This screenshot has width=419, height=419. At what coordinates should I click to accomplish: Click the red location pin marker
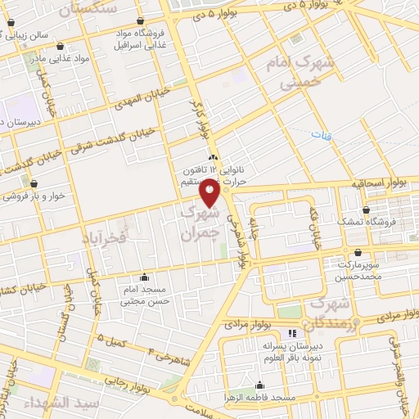coord(209,193)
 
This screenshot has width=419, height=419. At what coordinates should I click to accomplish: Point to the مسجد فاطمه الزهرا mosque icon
coord(260,385)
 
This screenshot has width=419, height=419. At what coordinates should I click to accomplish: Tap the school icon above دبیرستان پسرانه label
coord(292,333)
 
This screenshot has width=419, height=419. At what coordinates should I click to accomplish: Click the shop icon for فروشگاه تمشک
coord(365,210)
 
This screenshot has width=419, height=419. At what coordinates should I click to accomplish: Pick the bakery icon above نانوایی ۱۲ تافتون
coord(213,156)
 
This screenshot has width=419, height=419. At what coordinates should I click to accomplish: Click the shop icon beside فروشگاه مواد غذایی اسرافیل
coord(141,20)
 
